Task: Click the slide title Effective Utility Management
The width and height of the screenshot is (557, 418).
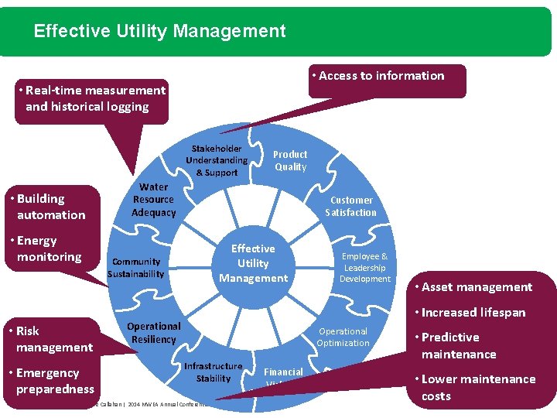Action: click(159, 32)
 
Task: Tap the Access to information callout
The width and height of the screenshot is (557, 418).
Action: click(381, 76)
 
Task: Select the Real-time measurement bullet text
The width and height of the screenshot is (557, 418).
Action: click(91, 98)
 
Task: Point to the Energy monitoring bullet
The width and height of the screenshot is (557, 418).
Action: click(49, 248)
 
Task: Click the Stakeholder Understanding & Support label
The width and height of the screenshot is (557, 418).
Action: click(217, 160)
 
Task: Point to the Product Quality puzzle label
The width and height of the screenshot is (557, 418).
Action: click(290, 160)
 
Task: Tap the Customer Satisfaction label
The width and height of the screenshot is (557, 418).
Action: click(351, 206)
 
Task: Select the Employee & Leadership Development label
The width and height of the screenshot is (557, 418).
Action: click(365, 267)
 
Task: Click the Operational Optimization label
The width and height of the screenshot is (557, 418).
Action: click(343, 337)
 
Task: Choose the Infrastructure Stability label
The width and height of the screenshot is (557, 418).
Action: click(214, 372)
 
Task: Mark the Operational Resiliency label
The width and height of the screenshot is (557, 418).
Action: click(154, 333)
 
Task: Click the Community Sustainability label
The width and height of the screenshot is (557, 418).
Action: click(136, 267)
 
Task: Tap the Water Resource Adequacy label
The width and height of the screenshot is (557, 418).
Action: click(154, 200)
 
